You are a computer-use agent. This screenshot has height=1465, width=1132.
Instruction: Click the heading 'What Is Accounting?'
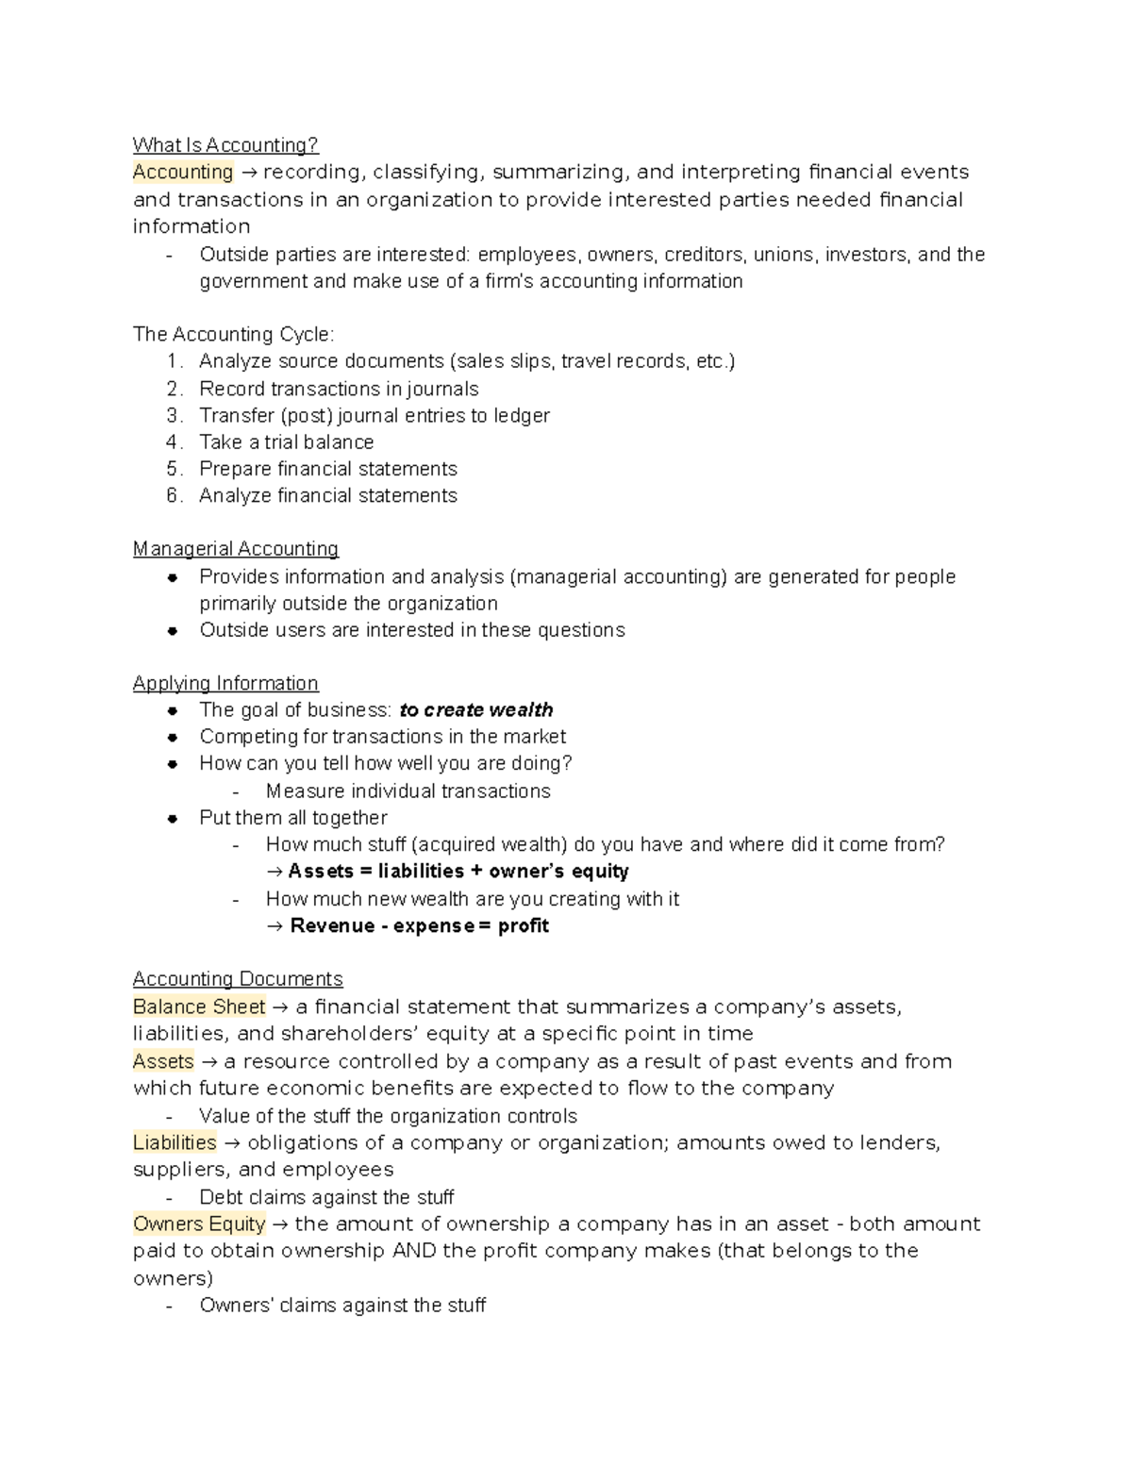click(x=225, y=144)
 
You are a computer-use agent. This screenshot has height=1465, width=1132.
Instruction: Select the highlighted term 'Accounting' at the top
click(x=183, y=172)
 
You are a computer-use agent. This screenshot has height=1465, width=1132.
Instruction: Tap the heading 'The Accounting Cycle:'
click(x=233, y=334)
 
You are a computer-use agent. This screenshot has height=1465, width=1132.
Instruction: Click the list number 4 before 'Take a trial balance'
click(x=174, y=442)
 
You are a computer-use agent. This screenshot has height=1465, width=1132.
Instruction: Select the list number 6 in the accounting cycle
click(x=174, y=496)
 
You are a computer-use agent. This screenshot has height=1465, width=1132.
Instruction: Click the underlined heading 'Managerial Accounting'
click(x=236, y=549)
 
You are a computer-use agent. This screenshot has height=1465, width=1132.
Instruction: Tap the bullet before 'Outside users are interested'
click(x=173, y=631)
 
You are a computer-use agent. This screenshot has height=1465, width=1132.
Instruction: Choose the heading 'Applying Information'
click(x=225, y=683)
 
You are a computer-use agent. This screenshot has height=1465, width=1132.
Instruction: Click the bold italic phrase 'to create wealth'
click(x=476, y=710)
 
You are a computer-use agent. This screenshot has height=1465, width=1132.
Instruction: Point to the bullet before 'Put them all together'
click(x=173, y=819)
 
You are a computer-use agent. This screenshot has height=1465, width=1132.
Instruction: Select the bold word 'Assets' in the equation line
click(x=321, y=872)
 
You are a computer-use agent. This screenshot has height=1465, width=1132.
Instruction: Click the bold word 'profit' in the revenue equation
click(x=524, y=926)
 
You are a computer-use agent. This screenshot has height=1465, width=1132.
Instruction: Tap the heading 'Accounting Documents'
click(x=238, y=979)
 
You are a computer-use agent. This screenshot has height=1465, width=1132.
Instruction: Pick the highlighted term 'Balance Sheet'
click(x=199, y=1007)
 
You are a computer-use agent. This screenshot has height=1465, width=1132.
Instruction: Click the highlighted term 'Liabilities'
click(x=175, y=1143)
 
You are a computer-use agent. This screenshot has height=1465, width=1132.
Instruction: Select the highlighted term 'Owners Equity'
click(x=199, y=1224)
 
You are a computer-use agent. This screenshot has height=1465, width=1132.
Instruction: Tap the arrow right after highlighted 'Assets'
click(x=208, y=1062)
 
